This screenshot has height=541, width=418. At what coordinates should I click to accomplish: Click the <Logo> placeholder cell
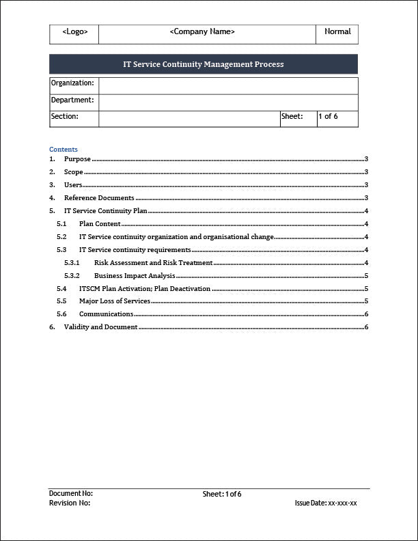(74, 32)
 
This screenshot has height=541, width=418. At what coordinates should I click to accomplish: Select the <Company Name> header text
(202, 31)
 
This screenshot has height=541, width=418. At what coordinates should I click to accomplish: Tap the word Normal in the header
(337, 31)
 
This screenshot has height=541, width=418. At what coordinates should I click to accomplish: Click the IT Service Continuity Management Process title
(203, 64)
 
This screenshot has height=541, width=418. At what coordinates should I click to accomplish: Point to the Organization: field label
(72, 83)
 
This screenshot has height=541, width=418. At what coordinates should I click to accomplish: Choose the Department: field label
(72, 100)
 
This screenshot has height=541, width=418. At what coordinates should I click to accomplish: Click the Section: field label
(65, 117)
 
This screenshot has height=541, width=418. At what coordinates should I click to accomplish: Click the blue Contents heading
(64, 150)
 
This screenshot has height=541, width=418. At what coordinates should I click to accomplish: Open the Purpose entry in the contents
(77, 159)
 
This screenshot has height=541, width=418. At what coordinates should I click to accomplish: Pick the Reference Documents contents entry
(99, 198)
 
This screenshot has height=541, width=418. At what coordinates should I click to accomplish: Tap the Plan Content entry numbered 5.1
(100, 224)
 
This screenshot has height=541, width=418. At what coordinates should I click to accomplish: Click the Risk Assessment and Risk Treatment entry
(153, 263)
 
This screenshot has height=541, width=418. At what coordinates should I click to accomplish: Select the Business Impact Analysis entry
(135, 276)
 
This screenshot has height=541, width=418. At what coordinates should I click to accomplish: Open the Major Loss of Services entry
(115, 301)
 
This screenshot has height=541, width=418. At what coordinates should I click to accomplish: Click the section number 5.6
(61, 314)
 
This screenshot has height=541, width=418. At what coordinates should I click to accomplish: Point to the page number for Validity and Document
(367, 327)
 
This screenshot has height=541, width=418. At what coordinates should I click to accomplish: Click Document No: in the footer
(71, 493)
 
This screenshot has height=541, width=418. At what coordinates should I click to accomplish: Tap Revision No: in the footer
(70, 503)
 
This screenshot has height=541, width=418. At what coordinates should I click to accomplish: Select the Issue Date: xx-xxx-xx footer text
(326, 503)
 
